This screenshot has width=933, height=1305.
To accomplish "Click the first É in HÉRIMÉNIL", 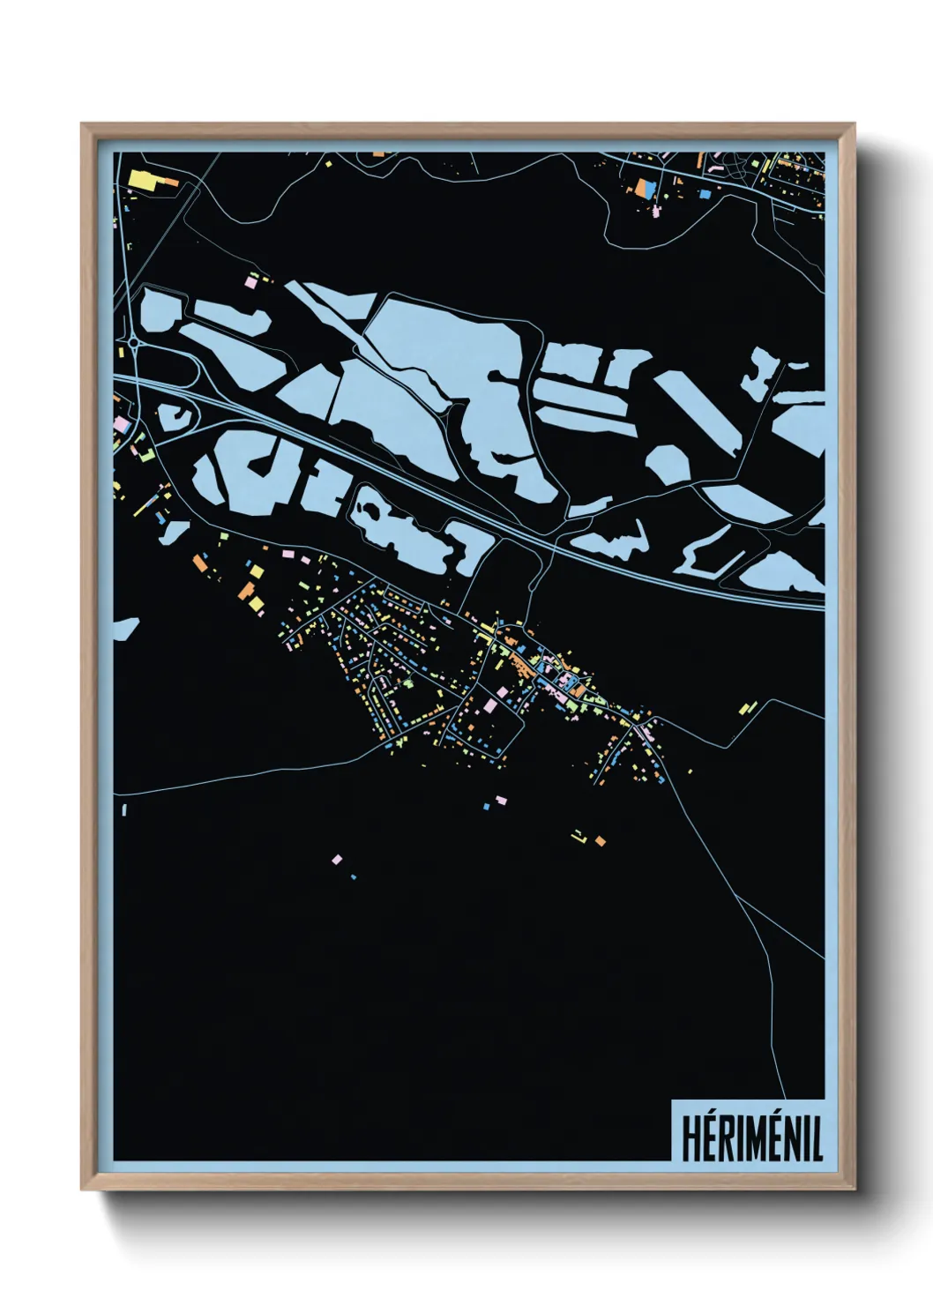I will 709,1137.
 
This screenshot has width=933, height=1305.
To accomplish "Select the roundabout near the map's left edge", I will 132,340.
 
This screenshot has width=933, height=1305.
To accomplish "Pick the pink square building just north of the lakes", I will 251,281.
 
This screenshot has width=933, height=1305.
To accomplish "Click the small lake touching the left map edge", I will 124,629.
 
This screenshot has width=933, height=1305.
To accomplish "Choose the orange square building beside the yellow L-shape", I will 600,841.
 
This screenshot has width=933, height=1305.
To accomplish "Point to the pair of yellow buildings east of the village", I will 749,707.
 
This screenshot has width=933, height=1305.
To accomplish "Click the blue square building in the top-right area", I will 705,192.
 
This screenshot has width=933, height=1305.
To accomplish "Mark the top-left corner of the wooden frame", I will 82,123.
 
